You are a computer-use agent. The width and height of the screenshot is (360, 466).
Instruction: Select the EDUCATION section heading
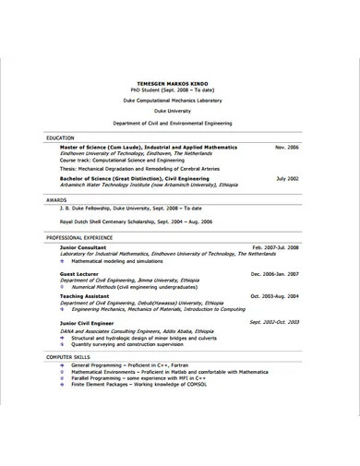[61, 137]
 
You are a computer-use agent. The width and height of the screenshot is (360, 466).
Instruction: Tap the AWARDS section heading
[56, 198]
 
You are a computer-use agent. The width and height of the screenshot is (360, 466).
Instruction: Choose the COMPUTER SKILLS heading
[71, 356]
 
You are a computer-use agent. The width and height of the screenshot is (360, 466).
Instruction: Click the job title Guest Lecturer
[79, 274]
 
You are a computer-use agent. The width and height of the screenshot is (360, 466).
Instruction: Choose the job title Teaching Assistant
[86, 295]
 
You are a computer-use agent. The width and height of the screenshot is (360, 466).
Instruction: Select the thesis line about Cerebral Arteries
[138, 168]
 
